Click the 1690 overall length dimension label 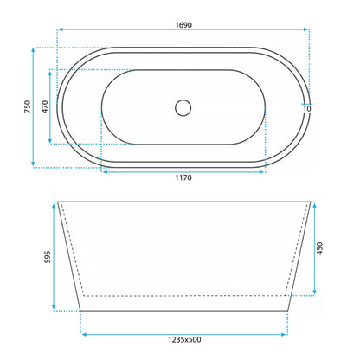[x=183, y=25]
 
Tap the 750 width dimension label [x=27, y=106]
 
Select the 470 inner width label [x=45, y=106]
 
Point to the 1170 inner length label [x=183, y=177]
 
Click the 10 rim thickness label [x=307, y=109]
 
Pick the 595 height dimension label [x=48, y=257]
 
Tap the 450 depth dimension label [x=319, y=248]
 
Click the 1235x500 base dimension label [x=184, y=339]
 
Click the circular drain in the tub [x=183, y=108]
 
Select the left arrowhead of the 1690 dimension [x=61, y=29]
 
